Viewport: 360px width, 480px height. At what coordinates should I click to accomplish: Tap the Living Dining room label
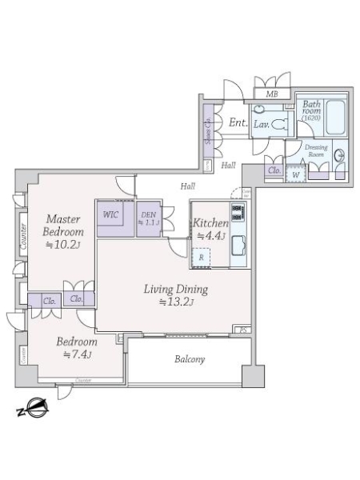(176, 290)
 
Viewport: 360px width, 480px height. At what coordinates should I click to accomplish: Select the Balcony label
(190, 359)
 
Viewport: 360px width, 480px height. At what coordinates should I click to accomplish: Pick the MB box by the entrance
(272, 94)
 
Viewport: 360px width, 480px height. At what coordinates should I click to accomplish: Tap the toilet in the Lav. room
(280, 124)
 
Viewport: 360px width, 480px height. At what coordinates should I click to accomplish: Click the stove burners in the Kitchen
(238, 214)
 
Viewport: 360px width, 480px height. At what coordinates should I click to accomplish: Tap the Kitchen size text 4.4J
(211, 236)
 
